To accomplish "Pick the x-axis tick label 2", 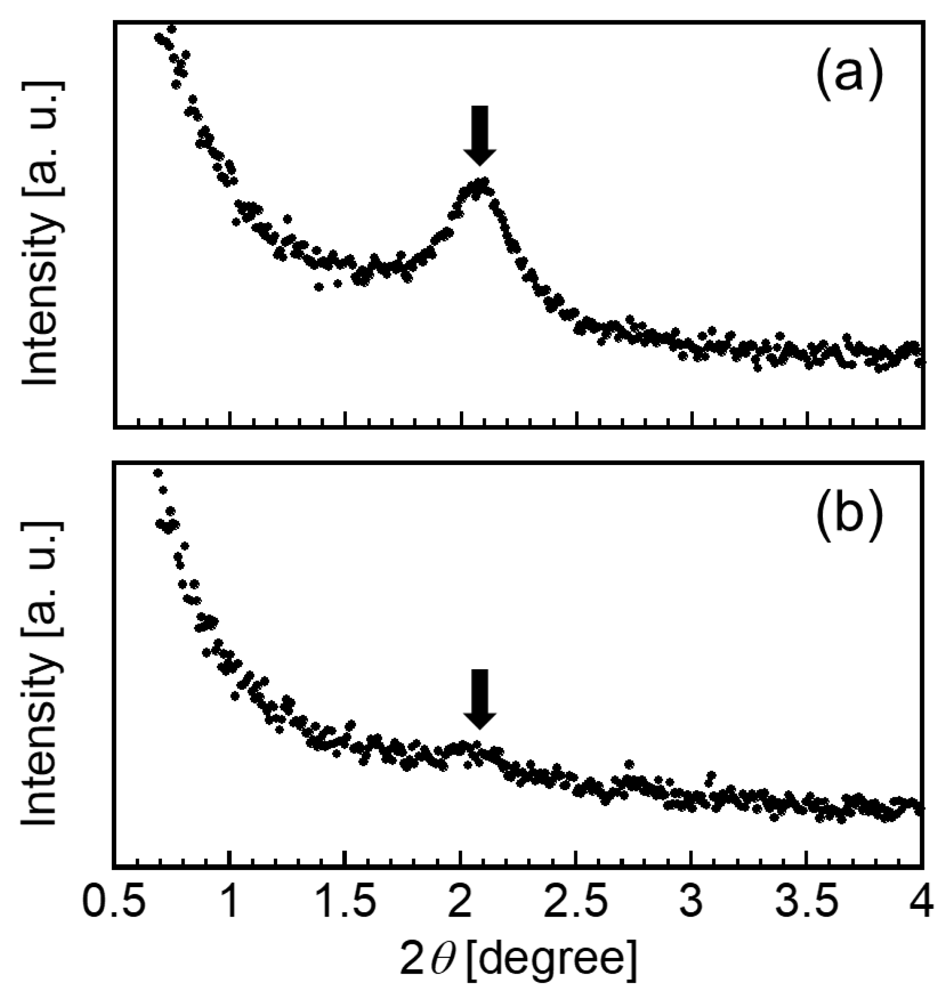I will [x=460, y=902].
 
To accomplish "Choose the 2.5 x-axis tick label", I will [x=575, y=902].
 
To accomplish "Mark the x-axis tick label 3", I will [x=691, y=902].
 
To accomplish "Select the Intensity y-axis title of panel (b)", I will [x=41, y=673].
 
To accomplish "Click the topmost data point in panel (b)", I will [x=158, y=473].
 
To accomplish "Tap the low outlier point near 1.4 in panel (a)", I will [x=319, y=287].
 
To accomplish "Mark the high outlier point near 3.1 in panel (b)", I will [x=712, y=775].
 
